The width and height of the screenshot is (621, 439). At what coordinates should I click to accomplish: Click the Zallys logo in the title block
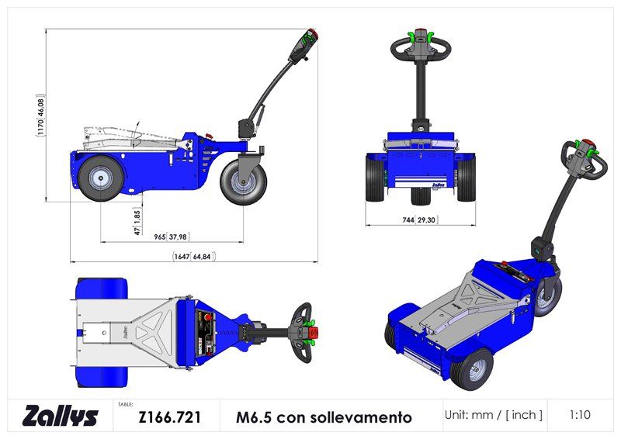[61, 416]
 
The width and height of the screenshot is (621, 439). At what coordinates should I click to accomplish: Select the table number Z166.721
[170, 417]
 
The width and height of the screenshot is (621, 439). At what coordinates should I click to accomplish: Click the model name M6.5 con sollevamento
[324, 417]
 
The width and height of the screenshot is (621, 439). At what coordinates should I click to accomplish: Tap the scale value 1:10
[579, 415]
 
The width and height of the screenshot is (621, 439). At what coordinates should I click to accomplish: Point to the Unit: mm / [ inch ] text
[494, 415]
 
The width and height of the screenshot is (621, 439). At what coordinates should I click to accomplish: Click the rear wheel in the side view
[100, 178]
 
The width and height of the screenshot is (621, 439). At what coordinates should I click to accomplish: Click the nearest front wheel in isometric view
[473, 369]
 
